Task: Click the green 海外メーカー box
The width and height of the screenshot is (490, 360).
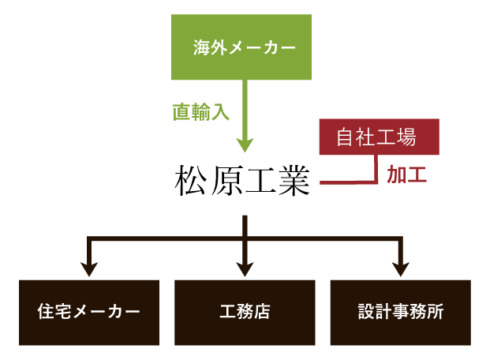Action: tap(244, 47)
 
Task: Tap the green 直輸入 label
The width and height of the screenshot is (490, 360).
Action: tap(201, 112)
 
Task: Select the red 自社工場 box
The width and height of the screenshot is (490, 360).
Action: tap(379, 137)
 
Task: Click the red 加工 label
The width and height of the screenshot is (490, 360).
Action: tap(406, 174)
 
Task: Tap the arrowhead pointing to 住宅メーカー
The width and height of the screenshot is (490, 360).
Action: tap(89, 268)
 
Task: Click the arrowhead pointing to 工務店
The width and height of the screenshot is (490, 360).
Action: tap(245, 268)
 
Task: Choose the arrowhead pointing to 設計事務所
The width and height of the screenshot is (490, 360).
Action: tap(401, 268)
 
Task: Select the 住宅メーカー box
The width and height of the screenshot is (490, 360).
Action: tap(89, 312)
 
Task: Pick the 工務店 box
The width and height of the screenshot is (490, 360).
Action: tap(245, 312)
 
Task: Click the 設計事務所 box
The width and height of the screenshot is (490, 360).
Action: tap(400, 312)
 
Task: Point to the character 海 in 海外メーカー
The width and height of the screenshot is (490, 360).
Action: tap(201, 48)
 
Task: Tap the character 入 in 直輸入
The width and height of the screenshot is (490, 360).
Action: tap(221, 112)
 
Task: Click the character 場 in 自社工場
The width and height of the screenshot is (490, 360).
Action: tap(406, 137)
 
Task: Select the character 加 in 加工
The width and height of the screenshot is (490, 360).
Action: tap(396, 174)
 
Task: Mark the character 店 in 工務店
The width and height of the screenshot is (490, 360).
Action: tap(262, 312)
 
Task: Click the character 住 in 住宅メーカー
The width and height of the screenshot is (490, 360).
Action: tap(46, 312)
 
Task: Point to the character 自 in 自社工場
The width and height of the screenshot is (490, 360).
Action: tap(346, 137)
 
